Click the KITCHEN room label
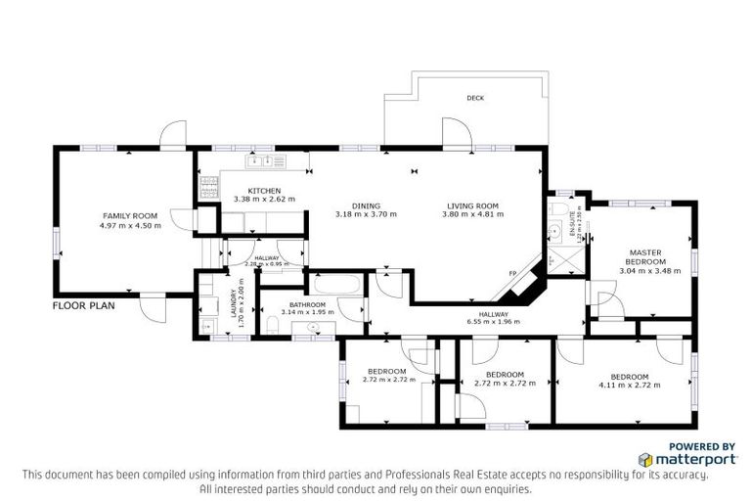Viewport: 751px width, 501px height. pos(264,191)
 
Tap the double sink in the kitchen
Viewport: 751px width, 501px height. pos(267,160)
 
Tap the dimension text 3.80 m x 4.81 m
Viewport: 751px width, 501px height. pos(470,214)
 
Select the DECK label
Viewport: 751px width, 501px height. pos(475,98)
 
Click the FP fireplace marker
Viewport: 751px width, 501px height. pos(512,273)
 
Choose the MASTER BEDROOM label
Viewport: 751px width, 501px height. pos(646,257)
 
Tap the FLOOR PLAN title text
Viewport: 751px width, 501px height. pos(84,305)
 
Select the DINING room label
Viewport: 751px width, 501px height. pos(352,205)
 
